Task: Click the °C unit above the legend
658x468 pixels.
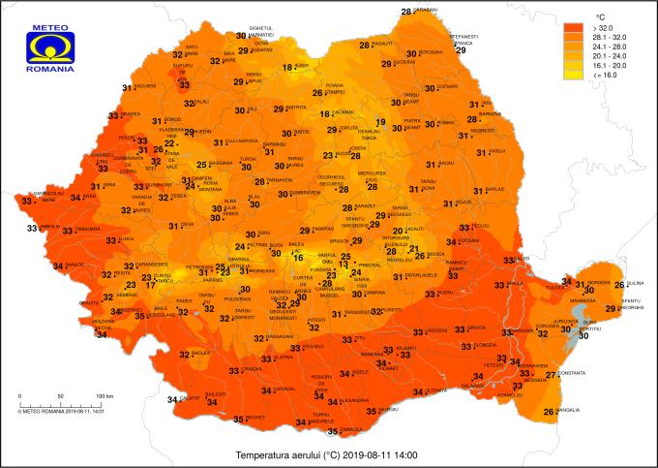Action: coord(599,16)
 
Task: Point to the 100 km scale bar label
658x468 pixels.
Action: coord(104,397)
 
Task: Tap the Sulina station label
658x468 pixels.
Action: coord(635,281)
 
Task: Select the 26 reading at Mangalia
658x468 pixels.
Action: coord(549,412)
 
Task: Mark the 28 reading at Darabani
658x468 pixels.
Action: coord(406,12)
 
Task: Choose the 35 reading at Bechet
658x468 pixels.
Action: coord(238,420)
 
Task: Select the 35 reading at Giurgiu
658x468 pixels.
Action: coord(372,411)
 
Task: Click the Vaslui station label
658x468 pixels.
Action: coord(497,151)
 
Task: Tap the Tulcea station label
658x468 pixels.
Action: coord(555,287)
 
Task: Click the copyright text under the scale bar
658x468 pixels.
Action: coord(61,410)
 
